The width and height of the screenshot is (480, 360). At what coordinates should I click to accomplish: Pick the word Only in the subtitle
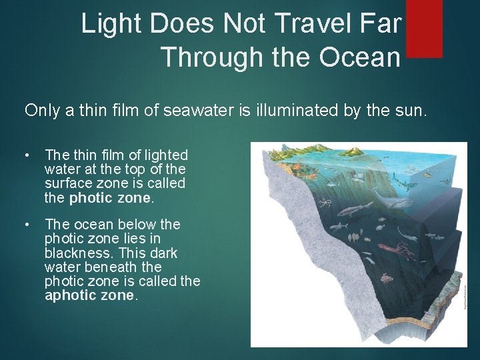[x=42, y=110]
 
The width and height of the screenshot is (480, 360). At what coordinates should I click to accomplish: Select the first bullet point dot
[x=26, y=155]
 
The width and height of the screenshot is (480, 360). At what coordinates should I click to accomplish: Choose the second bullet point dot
[x=26, y=225]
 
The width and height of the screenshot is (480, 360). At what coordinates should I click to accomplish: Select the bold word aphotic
[x=69, y=295]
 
